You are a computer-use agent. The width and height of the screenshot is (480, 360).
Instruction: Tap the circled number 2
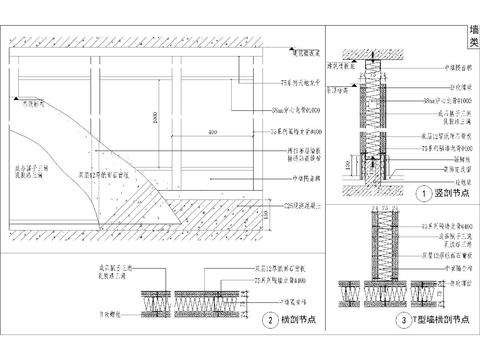click(x=268, y=321)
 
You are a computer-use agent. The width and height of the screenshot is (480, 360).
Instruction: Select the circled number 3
click(x=402, y=321)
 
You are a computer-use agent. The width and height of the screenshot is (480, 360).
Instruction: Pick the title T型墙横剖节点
click(x=439, y=321)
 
